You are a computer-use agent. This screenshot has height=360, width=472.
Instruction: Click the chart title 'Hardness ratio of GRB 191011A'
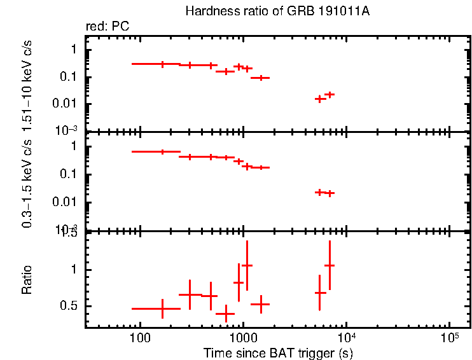click(x=277, y=11)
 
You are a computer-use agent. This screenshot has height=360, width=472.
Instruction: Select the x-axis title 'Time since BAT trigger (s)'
click(x=277, y=352)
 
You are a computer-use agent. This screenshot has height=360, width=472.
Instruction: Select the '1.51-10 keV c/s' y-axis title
click(x=27, y=83)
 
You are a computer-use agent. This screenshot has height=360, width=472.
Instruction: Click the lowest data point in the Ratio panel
click(x=225, y=314)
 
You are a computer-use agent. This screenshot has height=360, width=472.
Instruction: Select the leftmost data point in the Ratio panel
click(x=162, y=308)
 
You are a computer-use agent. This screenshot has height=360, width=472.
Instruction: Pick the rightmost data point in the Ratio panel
click(x=330, y=265)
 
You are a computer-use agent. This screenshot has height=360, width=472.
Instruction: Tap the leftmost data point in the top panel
click(x=162, y=64)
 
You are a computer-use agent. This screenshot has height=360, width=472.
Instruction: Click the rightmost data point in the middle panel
click(x=330, y=193)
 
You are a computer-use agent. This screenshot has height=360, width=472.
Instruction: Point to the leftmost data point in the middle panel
click(x=162, y=151)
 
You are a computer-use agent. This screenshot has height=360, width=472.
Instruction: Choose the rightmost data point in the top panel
click(x=330, y=94)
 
